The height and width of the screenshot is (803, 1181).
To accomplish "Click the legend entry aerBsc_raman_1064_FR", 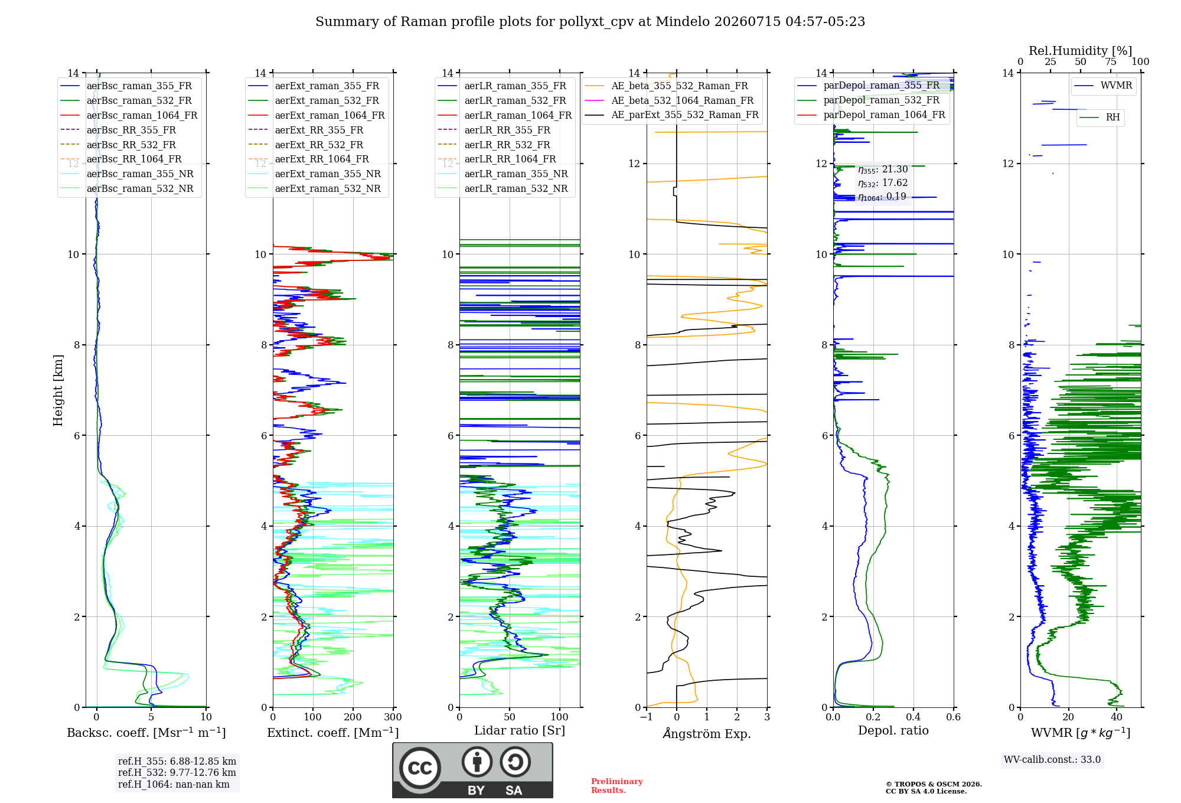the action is tap(142, 116).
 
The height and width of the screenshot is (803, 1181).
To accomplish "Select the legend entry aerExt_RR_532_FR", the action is tap(319, 145).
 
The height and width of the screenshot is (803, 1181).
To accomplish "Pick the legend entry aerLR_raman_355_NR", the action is tap(516, 174).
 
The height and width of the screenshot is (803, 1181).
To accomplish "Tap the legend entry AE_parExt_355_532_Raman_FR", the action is tap(685, 115).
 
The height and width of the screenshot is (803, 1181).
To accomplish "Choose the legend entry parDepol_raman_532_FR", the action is tap(882, 100).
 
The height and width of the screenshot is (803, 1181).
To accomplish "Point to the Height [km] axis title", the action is tap(58, 390).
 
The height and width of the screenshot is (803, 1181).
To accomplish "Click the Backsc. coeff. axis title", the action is tap(146, 732).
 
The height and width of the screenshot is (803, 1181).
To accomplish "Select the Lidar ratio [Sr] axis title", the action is tap(520, 731).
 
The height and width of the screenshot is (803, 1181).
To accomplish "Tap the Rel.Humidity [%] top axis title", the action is tap(1081, 51).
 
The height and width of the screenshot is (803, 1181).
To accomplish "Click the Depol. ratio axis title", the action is tap(893, 730).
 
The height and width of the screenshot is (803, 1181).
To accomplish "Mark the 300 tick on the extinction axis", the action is tap(393, 717).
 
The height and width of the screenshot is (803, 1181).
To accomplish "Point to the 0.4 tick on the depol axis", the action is tap(914, 717).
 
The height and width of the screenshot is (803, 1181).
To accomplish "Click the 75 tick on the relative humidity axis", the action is tap(1111, 61).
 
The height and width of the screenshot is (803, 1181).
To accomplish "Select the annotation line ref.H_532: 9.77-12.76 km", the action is tap(177, 773).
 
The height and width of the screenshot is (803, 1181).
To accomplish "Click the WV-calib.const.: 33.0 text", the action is tap(1052, 760).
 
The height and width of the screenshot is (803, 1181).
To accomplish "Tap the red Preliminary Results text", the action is tap(617, 786).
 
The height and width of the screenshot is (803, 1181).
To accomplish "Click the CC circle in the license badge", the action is tap(420, 768).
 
